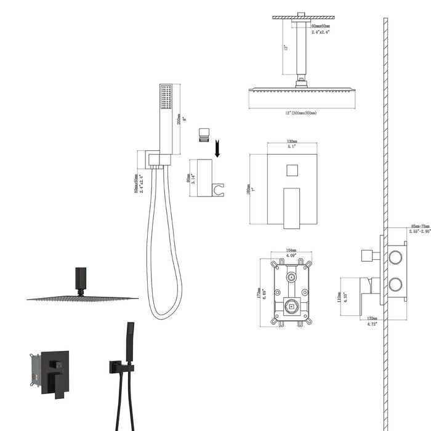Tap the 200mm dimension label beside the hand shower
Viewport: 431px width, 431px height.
pyautogui.click(x=178, y=115)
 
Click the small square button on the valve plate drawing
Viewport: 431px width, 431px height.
pyautogui.click(x=292, y=171)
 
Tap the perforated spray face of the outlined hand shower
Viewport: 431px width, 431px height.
pyautogui.click(x=164, y=97)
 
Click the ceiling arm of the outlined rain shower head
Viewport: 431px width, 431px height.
pyautogui.click(x=300, y=56)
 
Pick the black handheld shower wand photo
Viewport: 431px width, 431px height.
pyautogui.click(x=130, y=342)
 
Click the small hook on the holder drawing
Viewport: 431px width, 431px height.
pyautogui.click(x=219, y=189)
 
